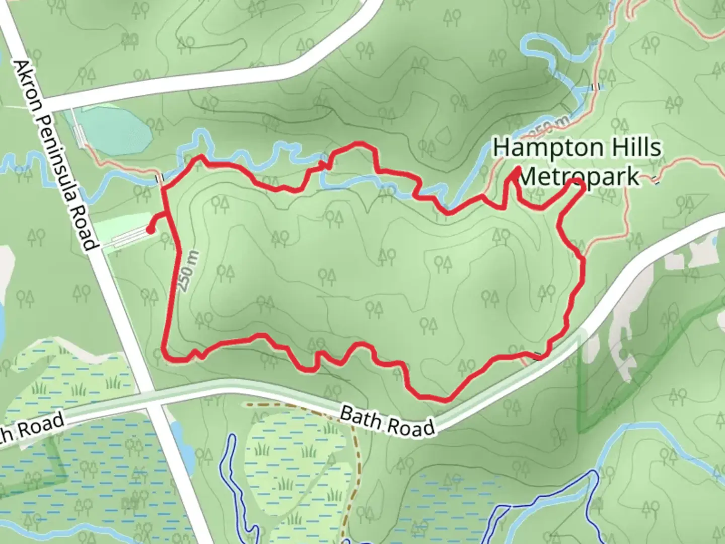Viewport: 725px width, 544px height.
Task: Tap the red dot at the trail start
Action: click(150, 230)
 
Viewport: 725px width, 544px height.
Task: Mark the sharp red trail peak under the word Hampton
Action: click(517, 170)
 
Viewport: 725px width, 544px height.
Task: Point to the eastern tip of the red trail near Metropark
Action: click(583, 187)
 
